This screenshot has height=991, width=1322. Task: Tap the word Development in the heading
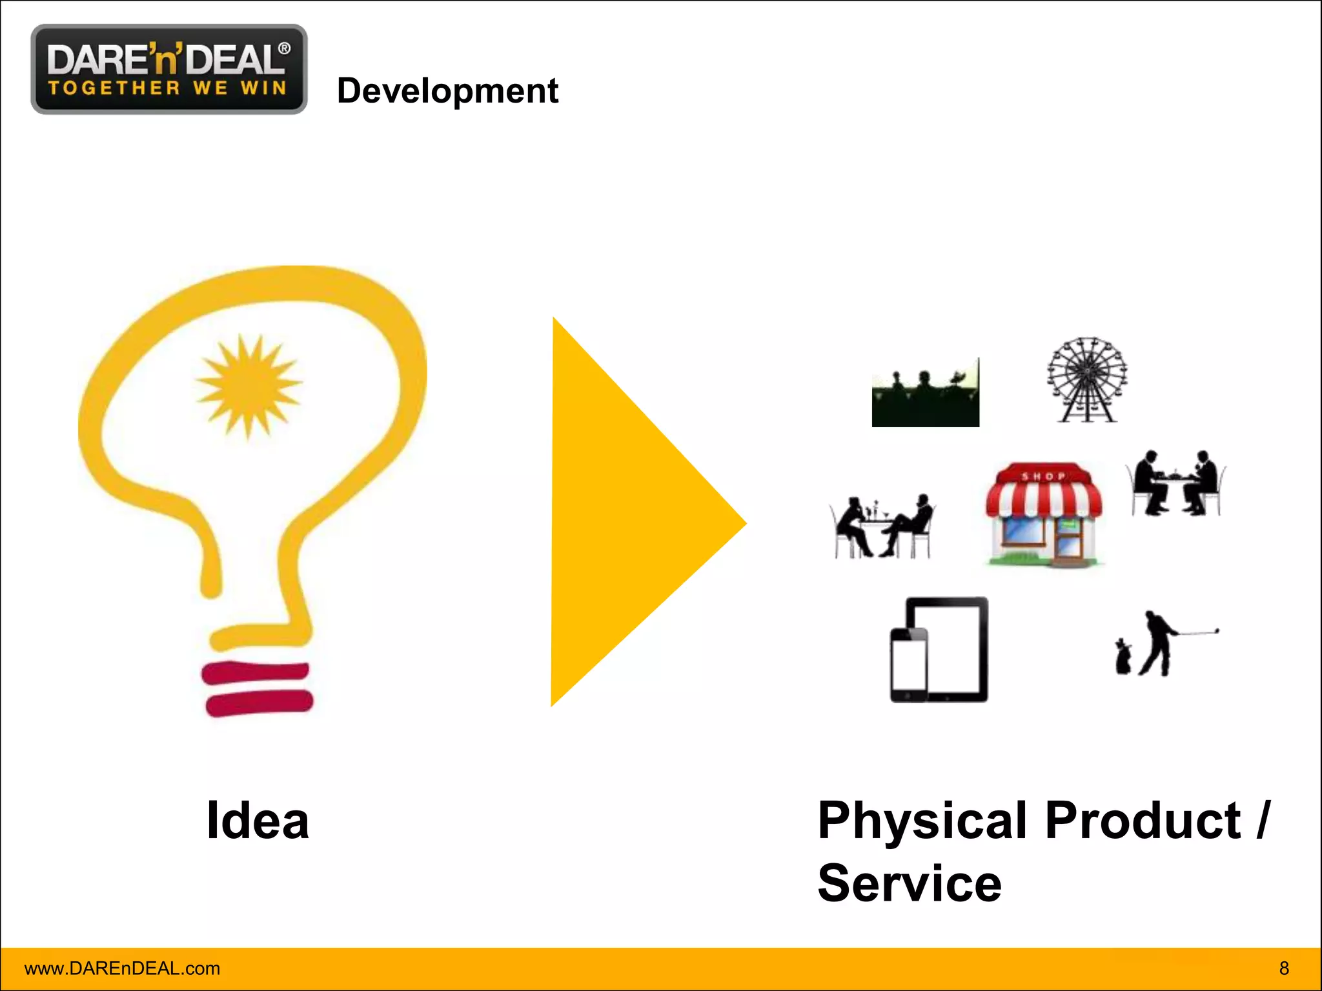[447, 90]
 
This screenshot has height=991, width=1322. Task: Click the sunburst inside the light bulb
[249, 385]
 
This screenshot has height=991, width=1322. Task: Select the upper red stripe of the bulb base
[256, 672]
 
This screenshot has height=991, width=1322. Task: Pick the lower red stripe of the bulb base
[259, 703]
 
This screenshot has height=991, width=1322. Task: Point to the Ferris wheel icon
[1087, 379]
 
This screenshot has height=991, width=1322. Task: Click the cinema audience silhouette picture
[925, 394]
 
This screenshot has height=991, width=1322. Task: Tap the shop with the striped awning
[1044, 516]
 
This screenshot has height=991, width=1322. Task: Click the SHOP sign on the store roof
[1043, 476]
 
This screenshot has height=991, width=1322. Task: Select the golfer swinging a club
[1162, 643]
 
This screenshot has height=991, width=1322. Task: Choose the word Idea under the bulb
[258, 821]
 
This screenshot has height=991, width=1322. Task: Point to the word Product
[1143, 821]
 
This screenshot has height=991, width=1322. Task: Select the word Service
[910, 883]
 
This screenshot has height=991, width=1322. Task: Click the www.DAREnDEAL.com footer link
[122, 968]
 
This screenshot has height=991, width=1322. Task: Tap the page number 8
[1284, 968]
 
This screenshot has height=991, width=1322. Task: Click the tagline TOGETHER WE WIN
[167, 88]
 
